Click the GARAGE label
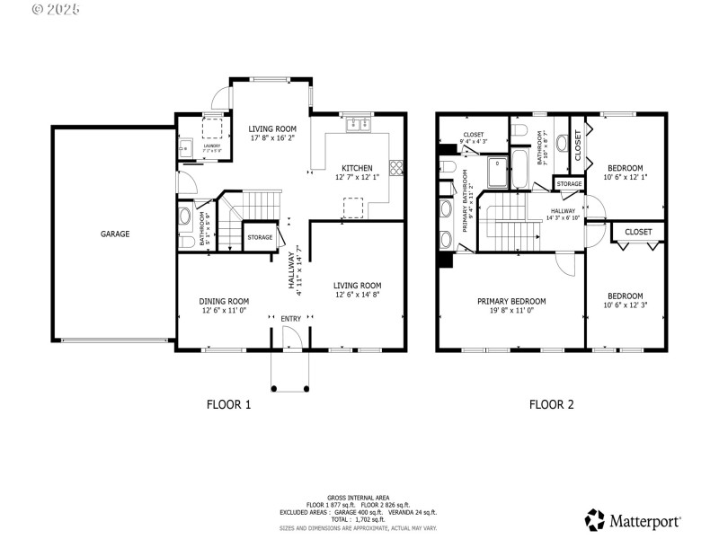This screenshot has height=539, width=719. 115,234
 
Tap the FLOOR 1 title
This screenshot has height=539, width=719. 229,404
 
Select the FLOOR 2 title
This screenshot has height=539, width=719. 552,404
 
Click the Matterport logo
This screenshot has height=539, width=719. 633,519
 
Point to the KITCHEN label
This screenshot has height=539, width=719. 357,168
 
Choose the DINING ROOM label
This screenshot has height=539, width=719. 224,301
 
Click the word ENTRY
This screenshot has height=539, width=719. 291,319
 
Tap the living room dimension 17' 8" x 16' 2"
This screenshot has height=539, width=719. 271,139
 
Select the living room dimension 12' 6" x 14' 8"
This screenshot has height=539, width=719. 359,294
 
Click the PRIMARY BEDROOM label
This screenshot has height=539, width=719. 511,301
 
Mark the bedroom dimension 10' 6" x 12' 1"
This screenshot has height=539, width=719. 625,177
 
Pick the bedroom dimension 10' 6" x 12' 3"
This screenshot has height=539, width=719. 625,306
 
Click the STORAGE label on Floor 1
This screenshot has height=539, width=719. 260,237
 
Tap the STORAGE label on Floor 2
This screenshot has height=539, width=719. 569,183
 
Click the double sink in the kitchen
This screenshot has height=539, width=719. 357,123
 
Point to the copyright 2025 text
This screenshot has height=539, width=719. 56,9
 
